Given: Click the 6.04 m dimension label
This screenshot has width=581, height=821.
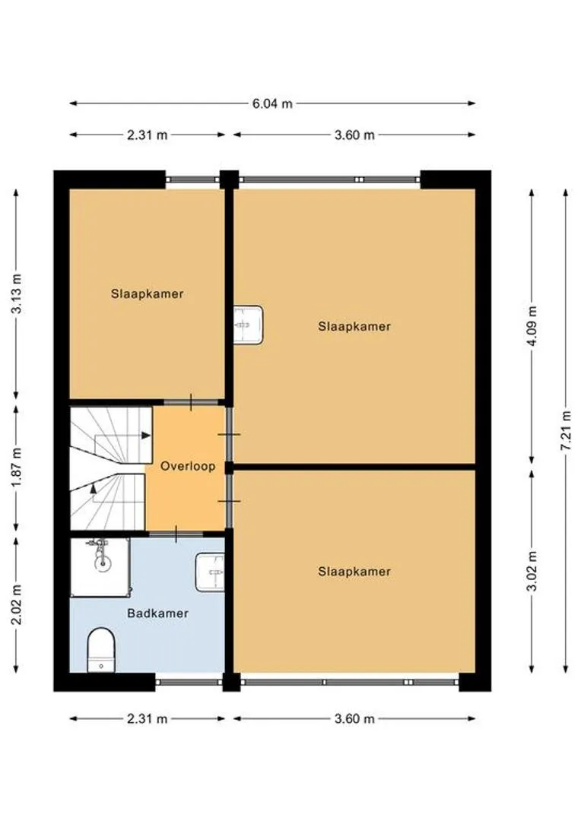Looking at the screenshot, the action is [272, 103].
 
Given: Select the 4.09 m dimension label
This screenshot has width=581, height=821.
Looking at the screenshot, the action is [532, 326].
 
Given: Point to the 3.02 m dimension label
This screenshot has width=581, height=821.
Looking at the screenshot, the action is [532, 571].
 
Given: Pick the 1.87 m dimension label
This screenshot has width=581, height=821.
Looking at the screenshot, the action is [17, 467].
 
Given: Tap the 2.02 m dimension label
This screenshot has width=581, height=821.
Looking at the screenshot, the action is [17, 605].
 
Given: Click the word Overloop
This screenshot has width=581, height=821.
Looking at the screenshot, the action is [188, 466].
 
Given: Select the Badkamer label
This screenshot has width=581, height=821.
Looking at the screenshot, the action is [157, 613].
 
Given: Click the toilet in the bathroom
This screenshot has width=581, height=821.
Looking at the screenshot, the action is [101, 650].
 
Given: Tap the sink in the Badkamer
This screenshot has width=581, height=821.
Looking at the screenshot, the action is [210, 572].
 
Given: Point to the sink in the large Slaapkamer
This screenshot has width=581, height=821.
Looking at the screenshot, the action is [248, 325].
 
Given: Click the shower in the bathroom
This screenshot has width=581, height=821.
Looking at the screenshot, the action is [100, 567].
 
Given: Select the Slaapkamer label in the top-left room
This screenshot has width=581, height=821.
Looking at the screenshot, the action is [148, 293].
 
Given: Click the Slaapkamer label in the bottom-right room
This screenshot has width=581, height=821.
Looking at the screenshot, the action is [354, 571].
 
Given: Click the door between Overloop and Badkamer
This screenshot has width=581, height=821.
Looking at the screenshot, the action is [176, 534].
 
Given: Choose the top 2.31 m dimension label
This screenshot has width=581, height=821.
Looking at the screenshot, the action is [148, 135].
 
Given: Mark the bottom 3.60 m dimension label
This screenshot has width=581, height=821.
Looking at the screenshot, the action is [354, 719].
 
